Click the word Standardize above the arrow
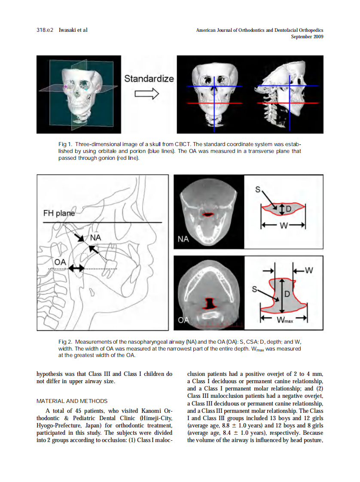tap(149, 79)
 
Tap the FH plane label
tap(59, 213)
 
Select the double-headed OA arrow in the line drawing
tap(76, 268)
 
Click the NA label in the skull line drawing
tap(95, 238)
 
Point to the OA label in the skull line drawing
tap(60, 261)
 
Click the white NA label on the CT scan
tap(183, 239)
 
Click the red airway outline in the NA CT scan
tap(208, 214)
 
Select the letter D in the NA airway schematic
tap(288, 209)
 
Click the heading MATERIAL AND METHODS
tap(72, 401)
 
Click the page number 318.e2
tap(45, 30)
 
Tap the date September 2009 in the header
tap(307, 37)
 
